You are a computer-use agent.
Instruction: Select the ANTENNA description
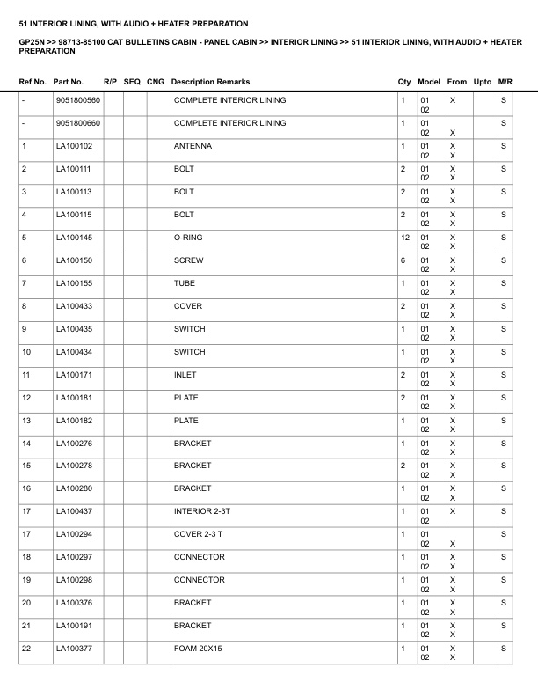tap(193, 146)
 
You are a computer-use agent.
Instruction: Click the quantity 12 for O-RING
tap(404, 238)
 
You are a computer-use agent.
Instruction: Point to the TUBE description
tap(185, 283)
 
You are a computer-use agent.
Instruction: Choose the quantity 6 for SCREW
tap(403, 260)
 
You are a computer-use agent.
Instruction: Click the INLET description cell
tap(185, 375)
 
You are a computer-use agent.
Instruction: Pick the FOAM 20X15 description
tap(199, 649)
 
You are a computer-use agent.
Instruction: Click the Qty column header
tap(404, 82)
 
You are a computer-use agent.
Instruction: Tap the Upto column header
tap(482, 82)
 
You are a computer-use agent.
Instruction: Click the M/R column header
tap(505, 82)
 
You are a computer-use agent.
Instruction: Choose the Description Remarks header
tap(210, 82)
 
